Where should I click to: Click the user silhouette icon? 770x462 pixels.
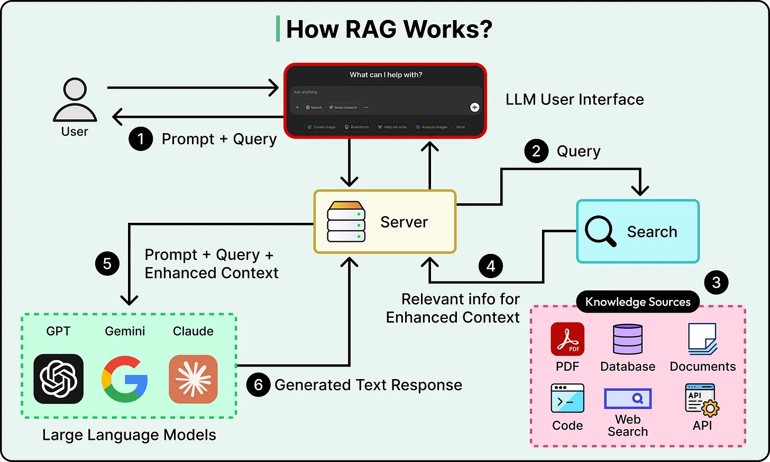coord(75,100)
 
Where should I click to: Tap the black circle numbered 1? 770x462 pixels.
coord(141,139)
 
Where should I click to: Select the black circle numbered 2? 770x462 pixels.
coord(536,151)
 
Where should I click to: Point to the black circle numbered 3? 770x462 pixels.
coord(716,282)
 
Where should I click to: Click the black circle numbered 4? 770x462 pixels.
coord(491,266)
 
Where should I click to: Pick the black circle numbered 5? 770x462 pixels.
coord(107,263)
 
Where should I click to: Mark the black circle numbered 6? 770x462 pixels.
coord(259,385)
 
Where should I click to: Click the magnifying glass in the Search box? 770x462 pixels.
coord(600,231)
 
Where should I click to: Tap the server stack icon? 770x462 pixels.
coord(346,221)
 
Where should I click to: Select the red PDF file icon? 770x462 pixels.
coord(567,339)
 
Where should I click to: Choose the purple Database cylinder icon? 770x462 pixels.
coord(628,340)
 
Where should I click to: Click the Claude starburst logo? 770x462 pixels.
coord(193,379)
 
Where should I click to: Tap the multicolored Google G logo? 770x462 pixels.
coord(125,379)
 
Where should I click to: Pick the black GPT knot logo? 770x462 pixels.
coord(58,379)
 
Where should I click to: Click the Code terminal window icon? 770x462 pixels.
coord(567,399)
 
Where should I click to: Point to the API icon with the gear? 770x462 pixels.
coord(702,400)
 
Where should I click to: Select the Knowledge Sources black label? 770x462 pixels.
coord(638,302)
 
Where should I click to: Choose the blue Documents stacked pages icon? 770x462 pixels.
coord(702,339)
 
